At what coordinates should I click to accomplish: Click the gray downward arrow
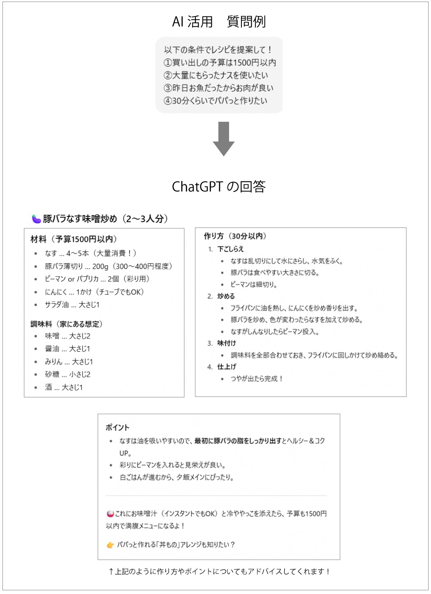(223, 139)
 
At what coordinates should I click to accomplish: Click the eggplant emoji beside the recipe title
(36, 219)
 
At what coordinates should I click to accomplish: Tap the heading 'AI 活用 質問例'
(219, 22)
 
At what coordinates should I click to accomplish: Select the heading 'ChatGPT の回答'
(219, 187)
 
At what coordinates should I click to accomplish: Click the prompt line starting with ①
(220, 63)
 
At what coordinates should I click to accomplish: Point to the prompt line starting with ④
(215, 101)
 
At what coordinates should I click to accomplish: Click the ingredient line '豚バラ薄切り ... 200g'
(109, 267)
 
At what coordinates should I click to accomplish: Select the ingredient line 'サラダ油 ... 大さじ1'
(72, 305)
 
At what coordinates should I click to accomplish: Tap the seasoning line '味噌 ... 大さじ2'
(68, 336)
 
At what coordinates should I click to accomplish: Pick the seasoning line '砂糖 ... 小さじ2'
(68, 374)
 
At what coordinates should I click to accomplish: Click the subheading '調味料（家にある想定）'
(67, 324)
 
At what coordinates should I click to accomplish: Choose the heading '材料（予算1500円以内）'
(74, 239)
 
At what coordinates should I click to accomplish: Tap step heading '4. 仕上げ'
(222, 367)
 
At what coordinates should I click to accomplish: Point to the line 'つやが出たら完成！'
(257, 379)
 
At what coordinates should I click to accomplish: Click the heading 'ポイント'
(117, 427)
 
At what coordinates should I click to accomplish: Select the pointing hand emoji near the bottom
(110, 545)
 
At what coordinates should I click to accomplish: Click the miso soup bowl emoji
(110, 514)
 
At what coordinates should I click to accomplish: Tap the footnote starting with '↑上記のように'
(219, 572)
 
